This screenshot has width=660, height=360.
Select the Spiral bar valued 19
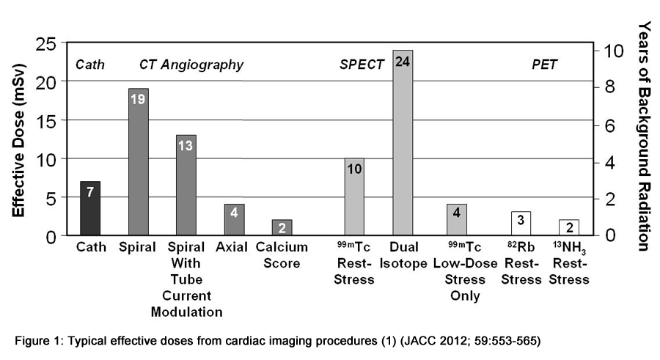(x=138, y=161)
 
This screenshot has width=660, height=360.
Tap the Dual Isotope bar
(x=402, y=143)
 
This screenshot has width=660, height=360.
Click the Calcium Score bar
(x=282, y=227)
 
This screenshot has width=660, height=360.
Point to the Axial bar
(x=234, y=219)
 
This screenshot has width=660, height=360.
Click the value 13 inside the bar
(x=186, y=145)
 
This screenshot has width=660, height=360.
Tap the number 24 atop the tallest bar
(x=402, y=62)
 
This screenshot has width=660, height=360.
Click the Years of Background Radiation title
(x=643, y=136)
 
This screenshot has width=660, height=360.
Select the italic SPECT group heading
(x=362, y=65)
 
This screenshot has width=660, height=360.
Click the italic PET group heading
(x=544, y=65)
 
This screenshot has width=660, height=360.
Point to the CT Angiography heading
(x=191, y=65)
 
